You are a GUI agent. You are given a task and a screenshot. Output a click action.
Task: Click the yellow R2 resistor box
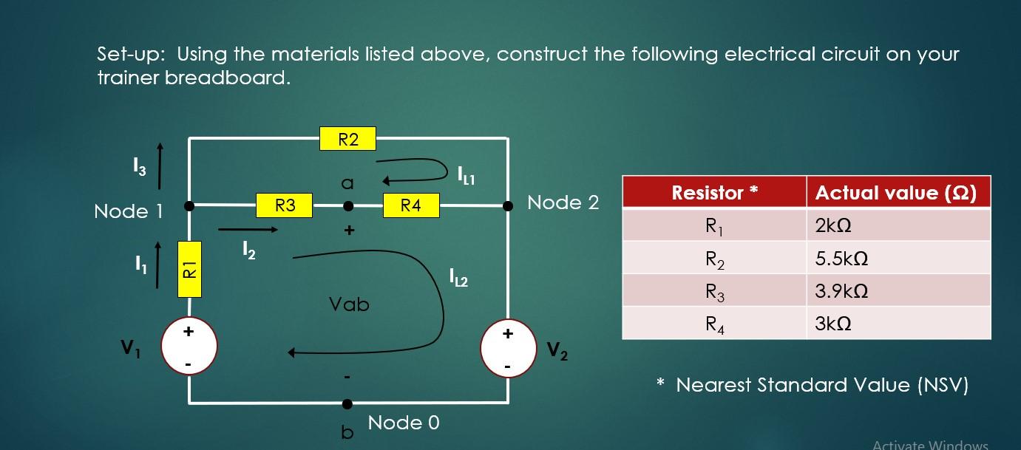pos(347,139)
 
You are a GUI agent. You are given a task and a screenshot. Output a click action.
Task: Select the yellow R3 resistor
pos(285,205)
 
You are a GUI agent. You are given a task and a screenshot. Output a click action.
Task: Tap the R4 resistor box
pos(411,206)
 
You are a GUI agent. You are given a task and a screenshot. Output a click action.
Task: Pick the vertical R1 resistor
pos(189,269)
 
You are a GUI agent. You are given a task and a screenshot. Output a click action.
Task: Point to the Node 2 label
pos(563,202)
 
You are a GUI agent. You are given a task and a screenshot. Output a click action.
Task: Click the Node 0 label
pos(404,423)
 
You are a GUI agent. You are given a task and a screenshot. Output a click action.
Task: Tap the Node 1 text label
pos(128,211)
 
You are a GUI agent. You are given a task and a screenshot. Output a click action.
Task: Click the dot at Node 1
pos(189,206)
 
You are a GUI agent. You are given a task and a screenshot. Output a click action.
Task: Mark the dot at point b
pos(347,403)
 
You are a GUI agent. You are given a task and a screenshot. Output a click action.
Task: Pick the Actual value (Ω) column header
pos(895,193)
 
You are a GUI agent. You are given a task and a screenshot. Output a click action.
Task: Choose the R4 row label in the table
pos(713,324)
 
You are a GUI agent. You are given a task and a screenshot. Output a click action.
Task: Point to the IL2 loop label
pos(458,279)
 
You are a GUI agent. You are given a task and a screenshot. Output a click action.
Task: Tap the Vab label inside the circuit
pos(349,304)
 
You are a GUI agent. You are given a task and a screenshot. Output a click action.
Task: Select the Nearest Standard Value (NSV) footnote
pos(821,385)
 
